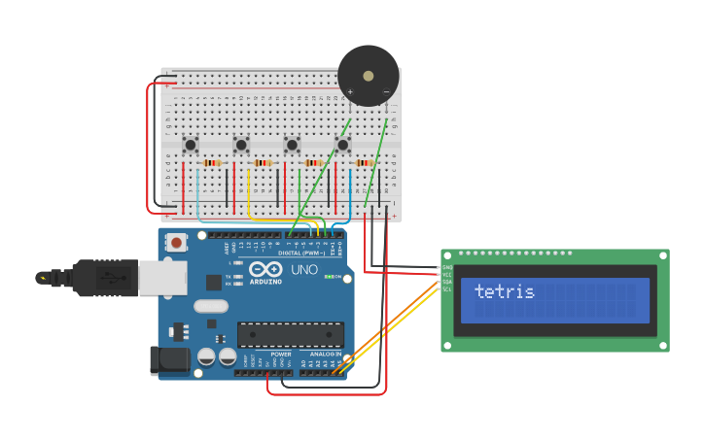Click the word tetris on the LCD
click(504, 291)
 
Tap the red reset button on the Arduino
click(176, 242)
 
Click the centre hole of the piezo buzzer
click(368, 75)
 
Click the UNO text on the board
click(304, 269)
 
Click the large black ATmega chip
click(290, 334)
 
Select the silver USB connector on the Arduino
click(161, 278)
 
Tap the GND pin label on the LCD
click(447, 267)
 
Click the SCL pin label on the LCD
click(447, 289)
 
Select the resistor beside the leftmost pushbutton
click(213, 163)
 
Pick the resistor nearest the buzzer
click(365, 163)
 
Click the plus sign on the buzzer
click(350, 92)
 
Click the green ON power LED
click(332, 277)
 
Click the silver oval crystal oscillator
click(211, 306)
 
